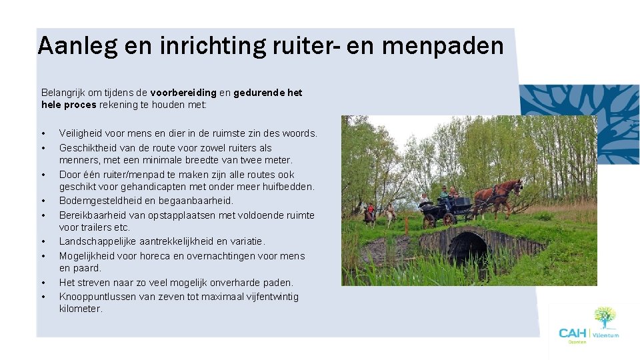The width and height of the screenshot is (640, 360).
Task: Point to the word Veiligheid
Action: point(82,133)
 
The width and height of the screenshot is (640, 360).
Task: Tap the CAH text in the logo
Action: point(572,333)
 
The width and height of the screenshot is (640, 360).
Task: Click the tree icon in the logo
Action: point(605,317)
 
